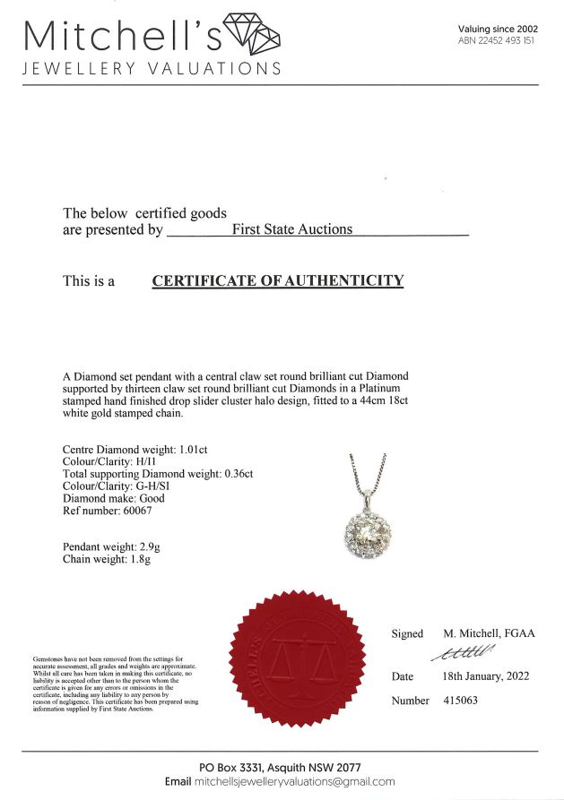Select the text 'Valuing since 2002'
tap(498, 29)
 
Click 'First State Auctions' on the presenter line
tap(292, 229)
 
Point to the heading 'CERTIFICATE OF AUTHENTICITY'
tap(278, 281)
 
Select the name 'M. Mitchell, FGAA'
tap(489, 633)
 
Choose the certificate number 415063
tap(460, 701)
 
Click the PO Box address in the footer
tap(281, 767)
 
